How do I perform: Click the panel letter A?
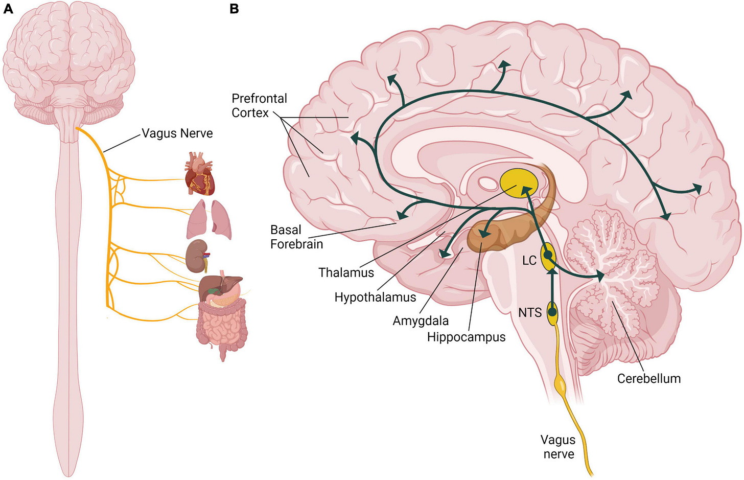[8, 9]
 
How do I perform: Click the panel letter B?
[235, 9]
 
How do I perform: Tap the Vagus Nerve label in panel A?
[177, 133]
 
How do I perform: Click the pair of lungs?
[208, 219]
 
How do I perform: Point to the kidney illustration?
[196, 256]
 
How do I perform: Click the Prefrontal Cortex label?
[259, 105]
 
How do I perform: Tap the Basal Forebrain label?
[296, 237]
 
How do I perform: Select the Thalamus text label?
[346, 272]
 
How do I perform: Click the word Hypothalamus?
[375, 297]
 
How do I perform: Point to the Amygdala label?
[421, 321]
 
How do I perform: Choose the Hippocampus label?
[466, 337]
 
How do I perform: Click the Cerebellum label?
[648, 378]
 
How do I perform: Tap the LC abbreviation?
[529, 260]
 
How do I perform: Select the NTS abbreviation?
[530, 312]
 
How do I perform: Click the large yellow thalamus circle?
[518, 183]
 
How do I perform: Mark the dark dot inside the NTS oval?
[552, 311]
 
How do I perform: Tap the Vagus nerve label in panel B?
[558, 447]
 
